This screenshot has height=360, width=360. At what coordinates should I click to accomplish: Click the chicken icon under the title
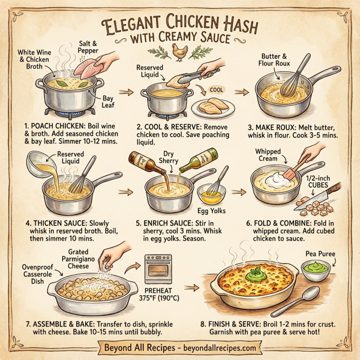(179, 53)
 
